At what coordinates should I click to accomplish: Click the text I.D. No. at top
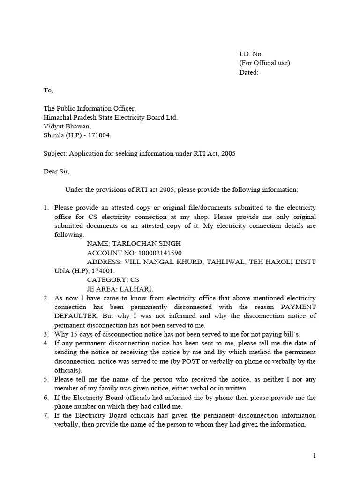coord(251,54)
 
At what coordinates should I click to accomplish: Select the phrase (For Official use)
coord(264,63)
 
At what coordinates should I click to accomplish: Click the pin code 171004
coord(100,135)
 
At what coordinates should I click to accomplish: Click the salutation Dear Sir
coord(56,172)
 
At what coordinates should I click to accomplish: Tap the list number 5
coord(46,379)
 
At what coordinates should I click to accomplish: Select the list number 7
coord(46,415)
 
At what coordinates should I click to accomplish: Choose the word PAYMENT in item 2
coord(298,307)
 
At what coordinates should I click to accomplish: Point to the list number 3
coord(46,334)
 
